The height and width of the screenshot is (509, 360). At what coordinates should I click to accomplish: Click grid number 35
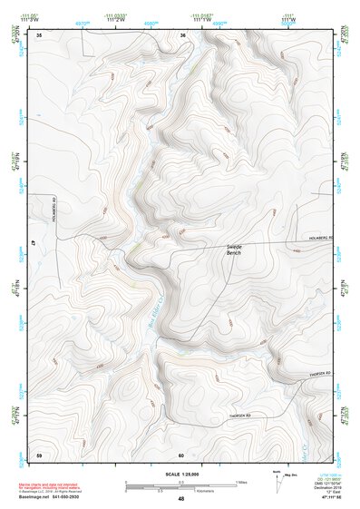click(40, 35)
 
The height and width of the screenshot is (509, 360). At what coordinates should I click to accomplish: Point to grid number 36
click(182, 35)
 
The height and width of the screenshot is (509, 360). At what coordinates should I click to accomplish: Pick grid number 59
click(39, 453)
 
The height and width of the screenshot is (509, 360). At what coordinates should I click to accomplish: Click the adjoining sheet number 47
click(34, 244)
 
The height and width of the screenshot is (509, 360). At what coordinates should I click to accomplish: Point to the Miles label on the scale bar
click(239, 481)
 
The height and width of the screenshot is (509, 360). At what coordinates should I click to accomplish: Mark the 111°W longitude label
click(288, 19)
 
